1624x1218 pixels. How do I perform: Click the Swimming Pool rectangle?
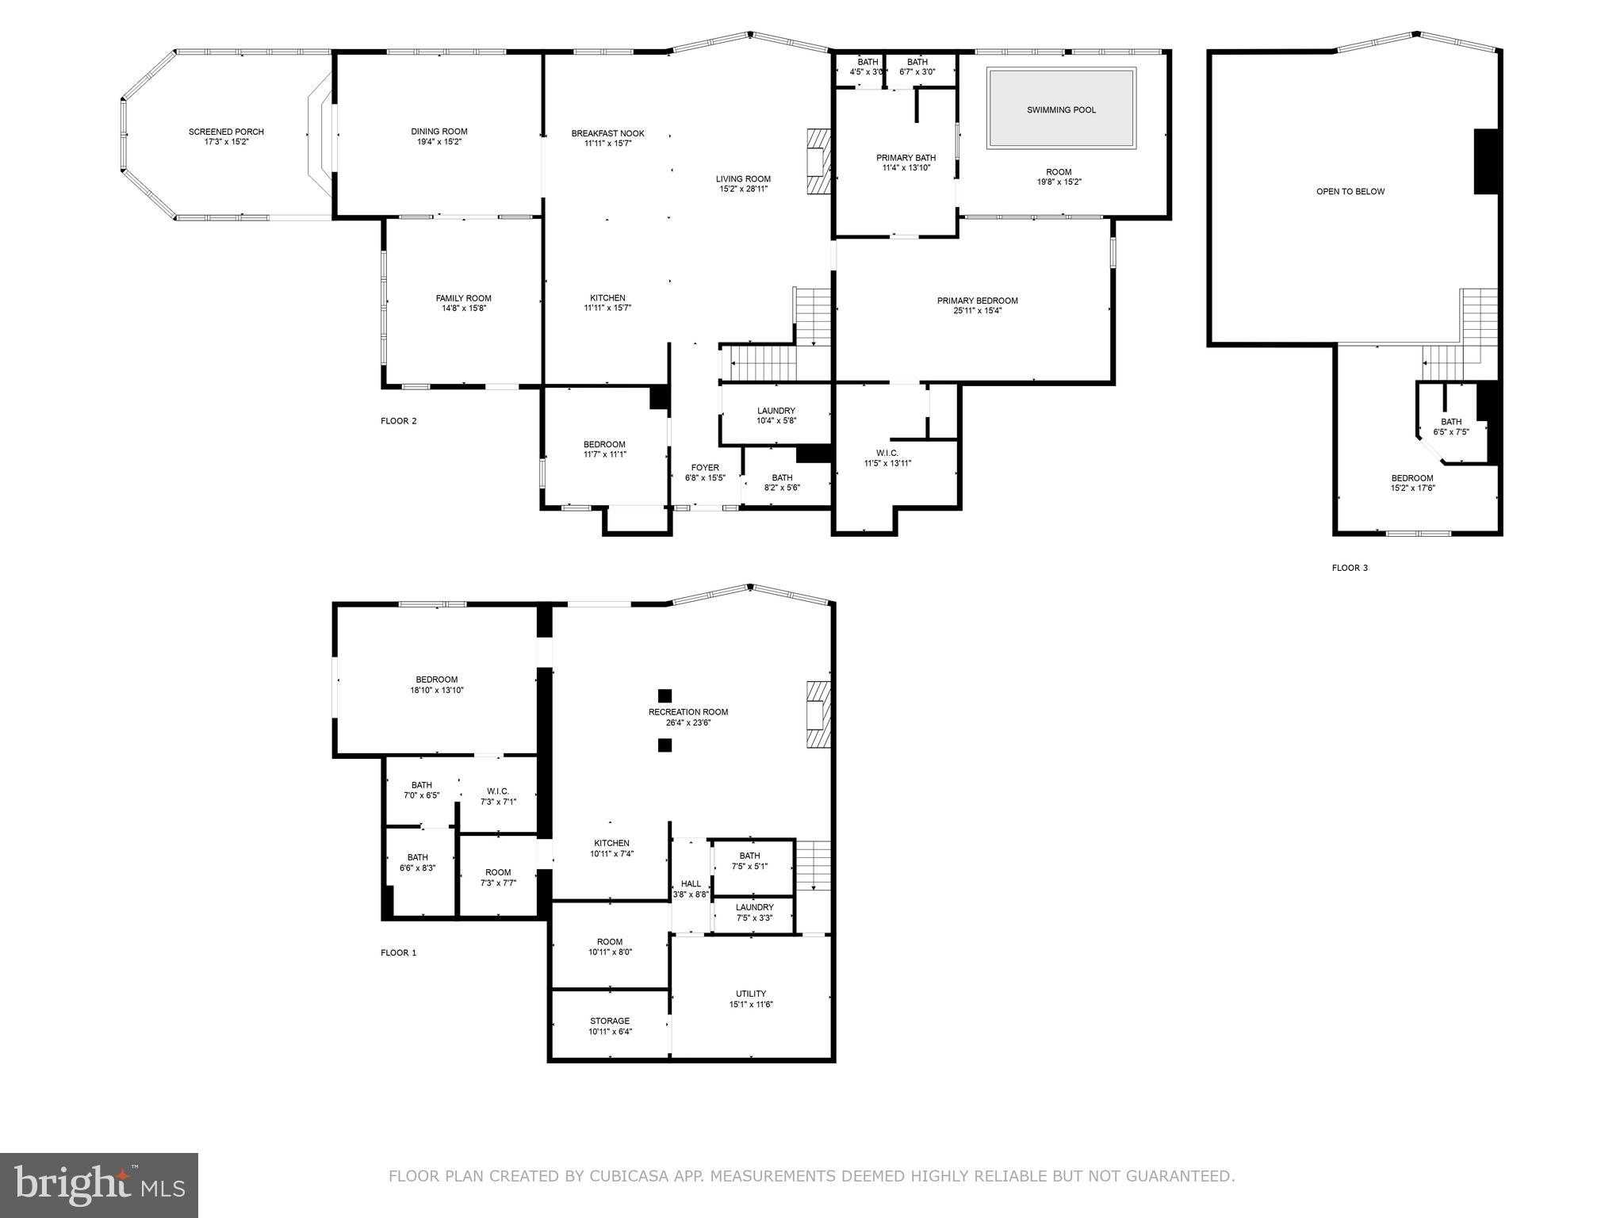1061,109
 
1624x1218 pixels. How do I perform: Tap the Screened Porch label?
226,132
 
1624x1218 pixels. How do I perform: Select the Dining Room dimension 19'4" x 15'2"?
439,142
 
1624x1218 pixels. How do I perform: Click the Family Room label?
463,298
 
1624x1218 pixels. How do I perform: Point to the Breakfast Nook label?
607,133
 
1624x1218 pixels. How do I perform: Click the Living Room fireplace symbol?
818,162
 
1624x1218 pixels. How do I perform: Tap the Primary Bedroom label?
977,301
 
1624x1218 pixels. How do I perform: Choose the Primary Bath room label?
906,158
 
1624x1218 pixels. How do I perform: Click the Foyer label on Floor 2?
705,468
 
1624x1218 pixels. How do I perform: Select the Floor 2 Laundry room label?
776,411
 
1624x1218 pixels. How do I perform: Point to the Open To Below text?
1350,191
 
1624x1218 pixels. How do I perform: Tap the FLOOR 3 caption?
1350,568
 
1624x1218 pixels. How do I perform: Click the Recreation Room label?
688,712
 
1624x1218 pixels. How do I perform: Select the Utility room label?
750,994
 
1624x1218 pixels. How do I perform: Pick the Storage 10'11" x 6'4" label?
610,1026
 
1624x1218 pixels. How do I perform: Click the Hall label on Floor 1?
691,883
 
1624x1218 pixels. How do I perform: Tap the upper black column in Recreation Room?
665,695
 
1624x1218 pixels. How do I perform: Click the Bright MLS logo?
99,1185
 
